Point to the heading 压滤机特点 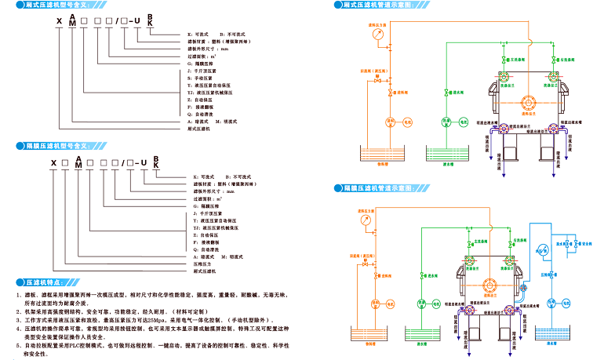44,280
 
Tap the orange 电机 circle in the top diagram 390,122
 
